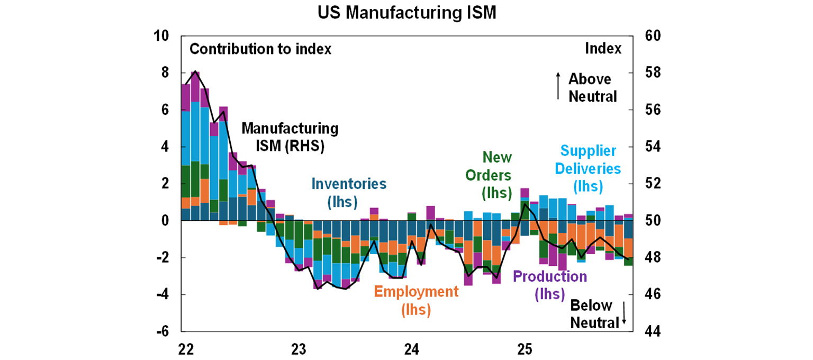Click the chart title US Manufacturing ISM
406,12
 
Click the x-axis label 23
299,350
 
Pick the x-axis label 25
525,350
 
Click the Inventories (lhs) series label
349,192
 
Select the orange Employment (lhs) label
415,300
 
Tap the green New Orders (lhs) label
496,174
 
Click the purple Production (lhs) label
550,285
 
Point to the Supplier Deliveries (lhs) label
588,168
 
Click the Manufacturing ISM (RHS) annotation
290,137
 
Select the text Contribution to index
260,49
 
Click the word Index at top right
603,49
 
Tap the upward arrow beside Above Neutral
558,86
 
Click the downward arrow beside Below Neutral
624,313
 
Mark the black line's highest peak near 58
195,71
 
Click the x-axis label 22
186,350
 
